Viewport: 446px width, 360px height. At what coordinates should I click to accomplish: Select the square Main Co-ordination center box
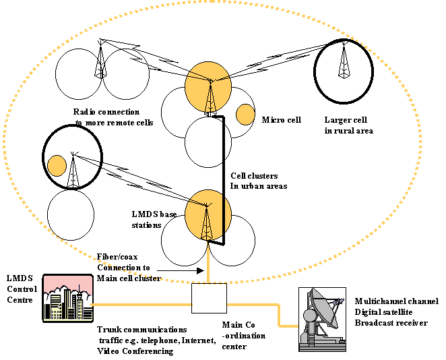(x=209, y=297)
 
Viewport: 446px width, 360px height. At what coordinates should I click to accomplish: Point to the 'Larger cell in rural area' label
(x=348, y=125)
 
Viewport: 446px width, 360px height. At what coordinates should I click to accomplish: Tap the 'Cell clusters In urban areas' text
(x=259, y=181)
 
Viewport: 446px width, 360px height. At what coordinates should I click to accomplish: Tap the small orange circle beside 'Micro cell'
(x=245, y=115)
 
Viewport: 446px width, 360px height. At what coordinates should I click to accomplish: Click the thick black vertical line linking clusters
(x=223, y=179)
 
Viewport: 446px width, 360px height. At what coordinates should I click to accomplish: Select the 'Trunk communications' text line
(x=142, y=330)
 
